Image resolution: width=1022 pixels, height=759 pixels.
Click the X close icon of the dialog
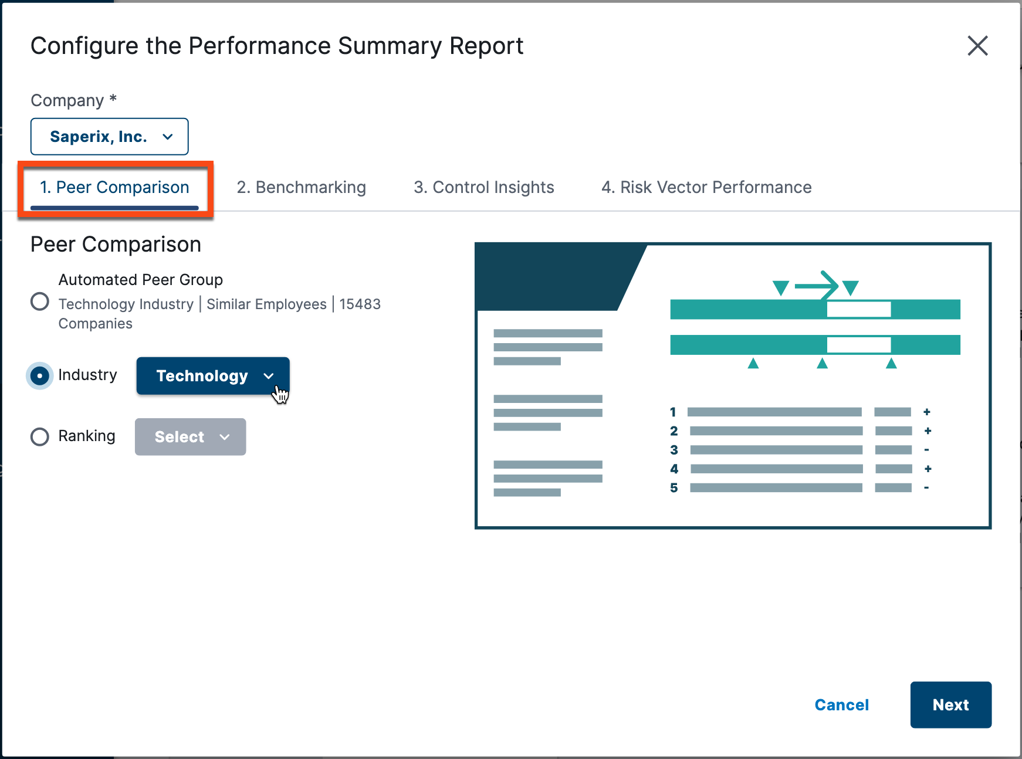point(977,46)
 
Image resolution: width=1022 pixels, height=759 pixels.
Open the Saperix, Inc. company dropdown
point(110,137)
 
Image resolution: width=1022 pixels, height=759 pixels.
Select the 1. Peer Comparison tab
point(114,188)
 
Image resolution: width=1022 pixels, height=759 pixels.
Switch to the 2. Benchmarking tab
point(301,188)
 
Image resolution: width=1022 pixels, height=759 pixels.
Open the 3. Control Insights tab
point(483,188)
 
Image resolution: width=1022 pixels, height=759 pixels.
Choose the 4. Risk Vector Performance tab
point(706,188)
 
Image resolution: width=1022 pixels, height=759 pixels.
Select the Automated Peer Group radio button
point(40,301)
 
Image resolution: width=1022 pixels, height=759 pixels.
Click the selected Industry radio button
point(40,375)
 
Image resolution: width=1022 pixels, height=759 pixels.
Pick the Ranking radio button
point(40,436)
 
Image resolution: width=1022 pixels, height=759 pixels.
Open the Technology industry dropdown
point(212,376)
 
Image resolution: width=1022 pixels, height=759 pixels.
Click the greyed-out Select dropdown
point(190,437)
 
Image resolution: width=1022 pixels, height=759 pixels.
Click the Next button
point(950,705)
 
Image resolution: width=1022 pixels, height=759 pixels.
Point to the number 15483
point(360,304)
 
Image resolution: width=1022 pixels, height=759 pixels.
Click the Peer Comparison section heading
point(116,245)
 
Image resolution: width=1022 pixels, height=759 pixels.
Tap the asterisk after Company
point(113,99)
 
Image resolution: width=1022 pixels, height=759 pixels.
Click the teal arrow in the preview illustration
point(817,286)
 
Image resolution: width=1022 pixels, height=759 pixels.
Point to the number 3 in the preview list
point(674,450)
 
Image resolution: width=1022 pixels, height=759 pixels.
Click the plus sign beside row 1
point(927,412)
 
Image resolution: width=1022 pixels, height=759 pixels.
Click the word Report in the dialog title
point(486,46)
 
